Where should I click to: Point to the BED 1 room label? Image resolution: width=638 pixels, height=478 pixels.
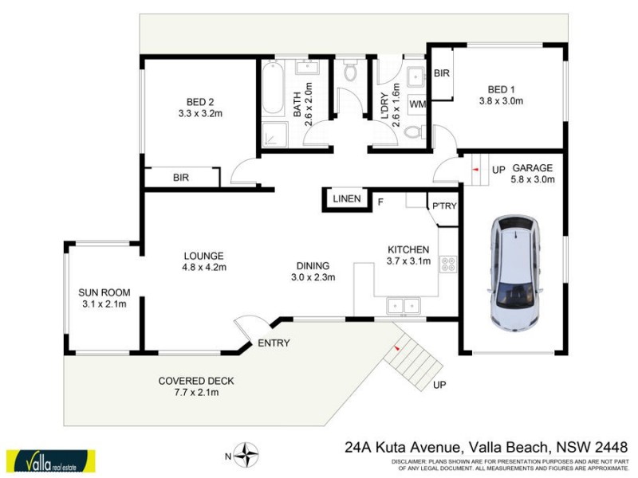500,90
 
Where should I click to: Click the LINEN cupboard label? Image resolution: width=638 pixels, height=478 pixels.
347,198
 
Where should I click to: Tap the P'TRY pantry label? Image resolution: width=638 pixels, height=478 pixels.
443,206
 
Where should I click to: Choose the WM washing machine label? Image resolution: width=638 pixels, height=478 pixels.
417,104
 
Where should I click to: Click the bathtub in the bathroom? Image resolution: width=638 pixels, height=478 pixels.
273,92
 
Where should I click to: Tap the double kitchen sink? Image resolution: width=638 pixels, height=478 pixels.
403,304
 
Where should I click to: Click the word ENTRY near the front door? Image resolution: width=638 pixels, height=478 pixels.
273,343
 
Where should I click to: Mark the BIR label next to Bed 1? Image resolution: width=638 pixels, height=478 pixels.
442,73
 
